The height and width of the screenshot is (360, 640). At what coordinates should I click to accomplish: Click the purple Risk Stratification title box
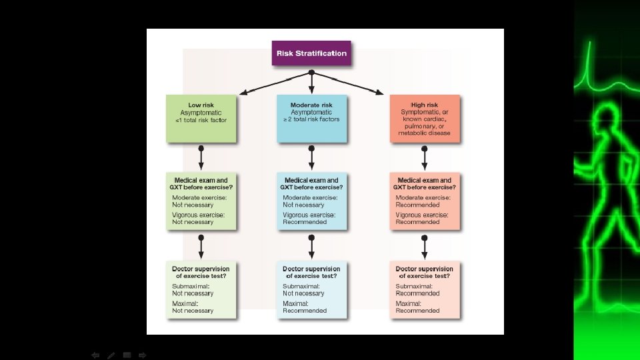click(311, 53)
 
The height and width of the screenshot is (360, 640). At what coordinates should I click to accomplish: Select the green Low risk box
click(201, 118)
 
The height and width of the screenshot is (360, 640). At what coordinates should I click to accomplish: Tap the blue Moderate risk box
click(311, 118)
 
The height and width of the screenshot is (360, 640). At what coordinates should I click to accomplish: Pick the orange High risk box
click(425, 118)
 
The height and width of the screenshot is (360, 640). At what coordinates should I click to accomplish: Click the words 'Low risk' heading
click(201, 105)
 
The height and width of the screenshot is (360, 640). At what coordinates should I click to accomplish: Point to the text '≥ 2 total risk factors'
click(311, 120)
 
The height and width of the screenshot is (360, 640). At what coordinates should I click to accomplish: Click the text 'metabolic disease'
click(425, 133)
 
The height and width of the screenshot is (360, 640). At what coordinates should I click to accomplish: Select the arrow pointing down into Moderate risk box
click(311, 83)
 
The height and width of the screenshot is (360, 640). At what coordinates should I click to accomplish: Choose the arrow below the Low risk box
click(201, 157)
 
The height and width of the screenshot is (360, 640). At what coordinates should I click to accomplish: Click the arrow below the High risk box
click(425, 157)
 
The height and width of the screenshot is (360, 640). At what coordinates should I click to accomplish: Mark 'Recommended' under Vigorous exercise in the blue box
click(305, 222)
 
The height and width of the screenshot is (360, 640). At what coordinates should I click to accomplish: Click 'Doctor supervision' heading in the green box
click(201, 269)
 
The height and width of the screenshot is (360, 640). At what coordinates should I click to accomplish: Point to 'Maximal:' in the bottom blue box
click(295, 303)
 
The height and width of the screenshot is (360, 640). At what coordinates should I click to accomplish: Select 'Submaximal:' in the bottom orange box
click(414, 286)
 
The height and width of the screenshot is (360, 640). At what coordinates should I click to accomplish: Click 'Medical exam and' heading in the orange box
click(425, 180)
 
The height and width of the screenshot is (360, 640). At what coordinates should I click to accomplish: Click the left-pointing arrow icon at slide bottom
click(95, 355)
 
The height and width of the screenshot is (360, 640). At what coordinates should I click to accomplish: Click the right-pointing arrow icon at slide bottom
click(142, 355)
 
